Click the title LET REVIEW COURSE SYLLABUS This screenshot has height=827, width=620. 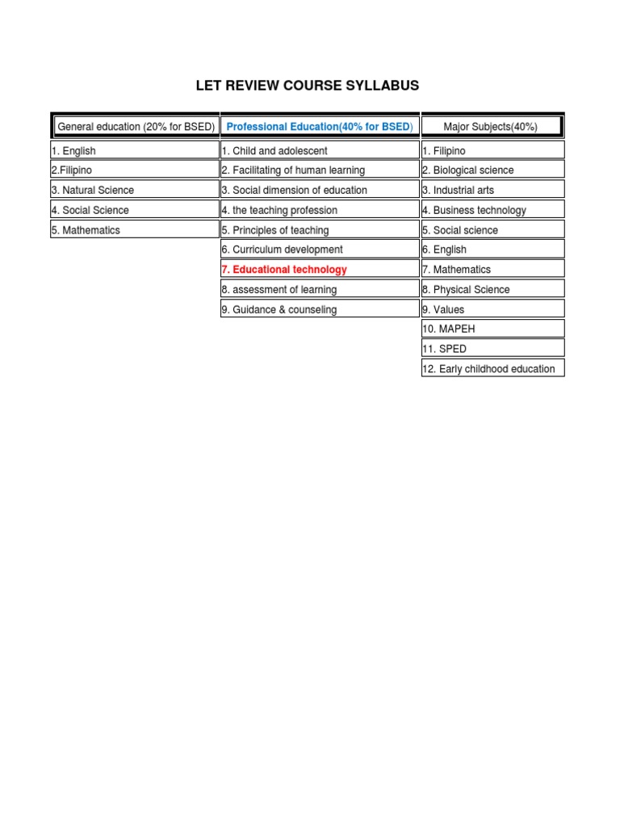pos(308,86)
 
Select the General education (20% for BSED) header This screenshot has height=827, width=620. pos(135,127)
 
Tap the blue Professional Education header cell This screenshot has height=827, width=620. pos(320,127)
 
